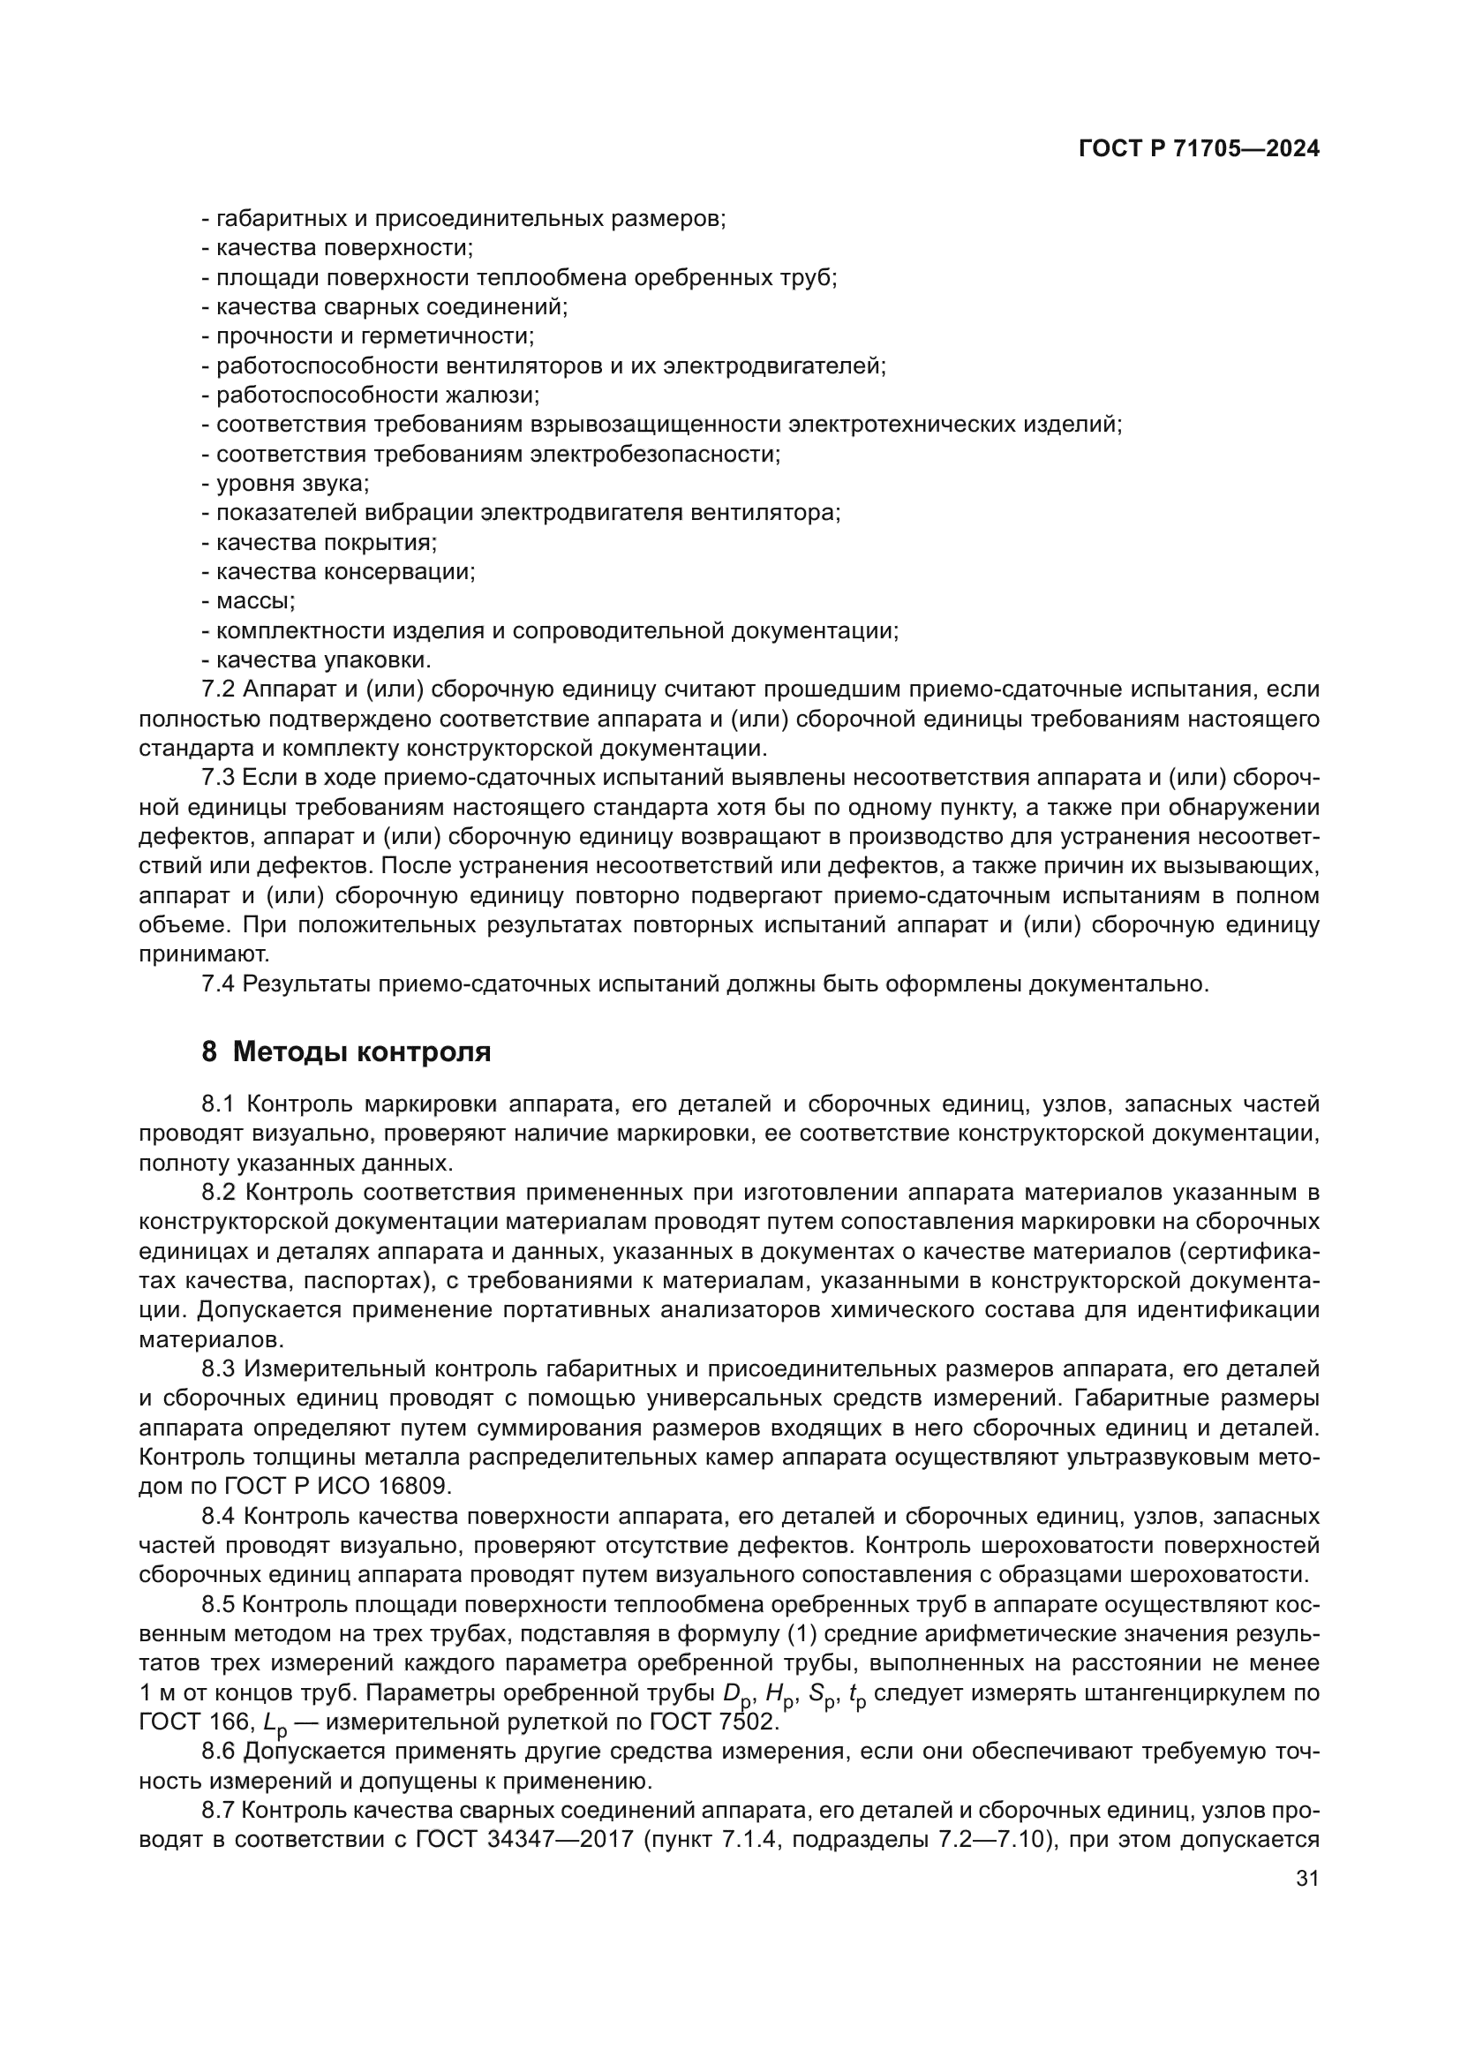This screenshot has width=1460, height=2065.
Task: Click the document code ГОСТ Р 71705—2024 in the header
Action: pyautogui.click(x=1199, y=149)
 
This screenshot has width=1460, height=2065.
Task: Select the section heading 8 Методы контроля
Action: pyautogui.click(x=346, y=1051)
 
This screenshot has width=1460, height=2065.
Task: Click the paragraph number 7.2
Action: pyautogui.click(x=218, y=690)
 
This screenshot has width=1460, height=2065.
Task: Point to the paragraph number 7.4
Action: pyautogui.click(x=218, y=984)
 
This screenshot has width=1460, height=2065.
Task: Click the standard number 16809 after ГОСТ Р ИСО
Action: pyautogui.click(x=434, y=1487)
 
